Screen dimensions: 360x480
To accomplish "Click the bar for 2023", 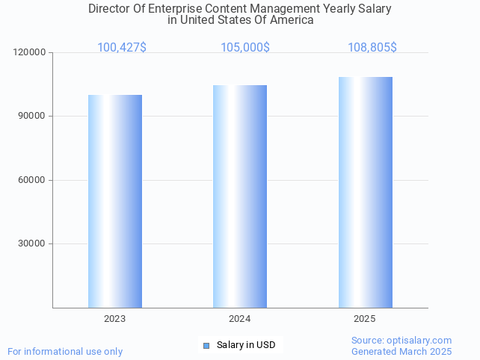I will [x=115, y=201].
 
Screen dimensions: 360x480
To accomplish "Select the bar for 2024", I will [x=240, y=196].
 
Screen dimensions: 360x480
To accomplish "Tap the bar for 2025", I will [x=365, y=192].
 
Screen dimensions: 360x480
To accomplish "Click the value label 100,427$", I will [x=122, y=48].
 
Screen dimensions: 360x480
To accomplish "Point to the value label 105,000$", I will [x=245, y=48].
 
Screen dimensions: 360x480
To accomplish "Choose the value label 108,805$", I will [x=372, y=48].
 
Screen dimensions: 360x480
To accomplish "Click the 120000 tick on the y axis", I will [x=31, y=53].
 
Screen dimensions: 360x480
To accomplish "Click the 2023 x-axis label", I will [x=115, y=319].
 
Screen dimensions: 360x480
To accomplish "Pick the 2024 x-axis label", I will [x=240, y=319].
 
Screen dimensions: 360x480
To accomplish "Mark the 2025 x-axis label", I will [x=365, y=319].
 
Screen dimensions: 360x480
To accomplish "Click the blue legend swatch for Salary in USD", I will [x=207, y=345].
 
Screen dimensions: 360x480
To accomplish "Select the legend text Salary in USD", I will [x=246, y=345].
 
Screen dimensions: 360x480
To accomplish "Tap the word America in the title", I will [x=292, y=20].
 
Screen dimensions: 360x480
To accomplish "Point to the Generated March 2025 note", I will [x=401, y=351].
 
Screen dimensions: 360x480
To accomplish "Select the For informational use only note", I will [x=65, y=351].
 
